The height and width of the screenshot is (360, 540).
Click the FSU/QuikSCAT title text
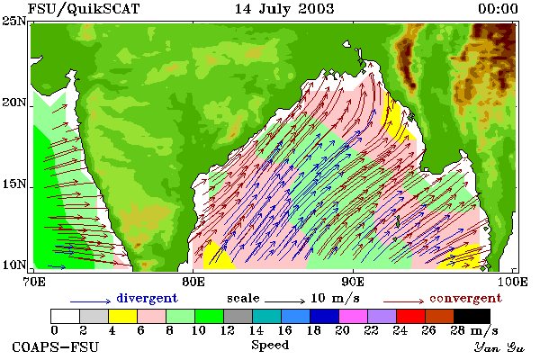point(84,9)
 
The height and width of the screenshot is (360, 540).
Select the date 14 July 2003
point(284,9)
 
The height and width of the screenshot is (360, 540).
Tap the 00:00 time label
point(498,9)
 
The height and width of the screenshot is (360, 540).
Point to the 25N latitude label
point(14,22)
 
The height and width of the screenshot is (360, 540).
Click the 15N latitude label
point(14,184)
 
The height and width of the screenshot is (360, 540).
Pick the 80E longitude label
point(193,282)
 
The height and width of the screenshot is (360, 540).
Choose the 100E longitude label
point(512,282)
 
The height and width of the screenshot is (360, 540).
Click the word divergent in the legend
point(147,298)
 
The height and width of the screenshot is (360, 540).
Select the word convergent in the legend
point(465,298)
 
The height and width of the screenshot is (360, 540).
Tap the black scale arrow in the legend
point(284,301)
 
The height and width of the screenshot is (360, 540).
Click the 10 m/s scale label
point(335,298)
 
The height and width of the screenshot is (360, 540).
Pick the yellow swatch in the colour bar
point(123,316)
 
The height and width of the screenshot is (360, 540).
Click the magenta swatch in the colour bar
point(353,316)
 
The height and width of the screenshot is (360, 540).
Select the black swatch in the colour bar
point(472,316)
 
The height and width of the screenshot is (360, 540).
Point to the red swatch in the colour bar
point(410,316)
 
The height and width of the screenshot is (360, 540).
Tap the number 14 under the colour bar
point(256,330)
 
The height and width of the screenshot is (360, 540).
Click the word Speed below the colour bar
point(270,346)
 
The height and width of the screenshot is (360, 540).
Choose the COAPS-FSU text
point(55,346)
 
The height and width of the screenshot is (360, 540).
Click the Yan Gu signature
point(499,347)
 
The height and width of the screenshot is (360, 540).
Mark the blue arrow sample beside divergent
point(90,301)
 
